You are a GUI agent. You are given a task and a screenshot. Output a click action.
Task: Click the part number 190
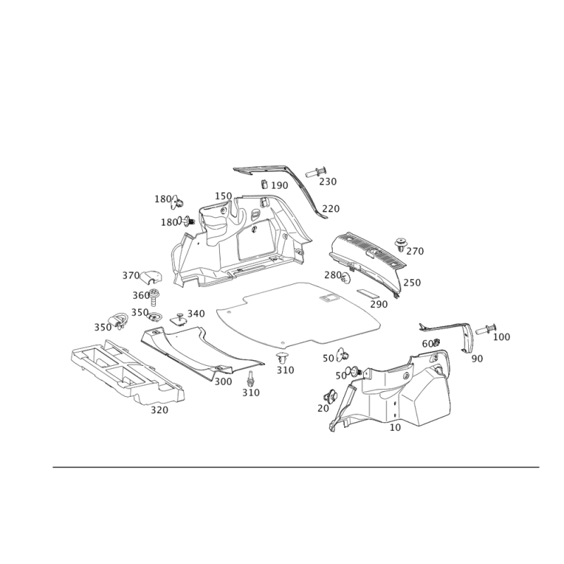[280, 185]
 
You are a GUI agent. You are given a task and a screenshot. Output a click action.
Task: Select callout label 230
[328, 182]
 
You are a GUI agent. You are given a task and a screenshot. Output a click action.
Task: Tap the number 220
[331, 209]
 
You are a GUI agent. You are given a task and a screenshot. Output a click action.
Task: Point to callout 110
[223, 195]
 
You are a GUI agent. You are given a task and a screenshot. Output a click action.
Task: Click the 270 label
[416, 250]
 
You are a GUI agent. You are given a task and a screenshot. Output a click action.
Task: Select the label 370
[130, 275]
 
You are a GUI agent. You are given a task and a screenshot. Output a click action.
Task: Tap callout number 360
[141, 294]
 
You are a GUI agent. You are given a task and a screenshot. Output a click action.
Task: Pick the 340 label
[196, 313]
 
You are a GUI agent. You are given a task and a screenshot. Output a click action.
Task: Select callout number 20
[323, 407]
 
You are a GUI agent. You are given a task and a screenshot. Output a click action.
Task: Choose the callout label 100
[502, 337]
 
